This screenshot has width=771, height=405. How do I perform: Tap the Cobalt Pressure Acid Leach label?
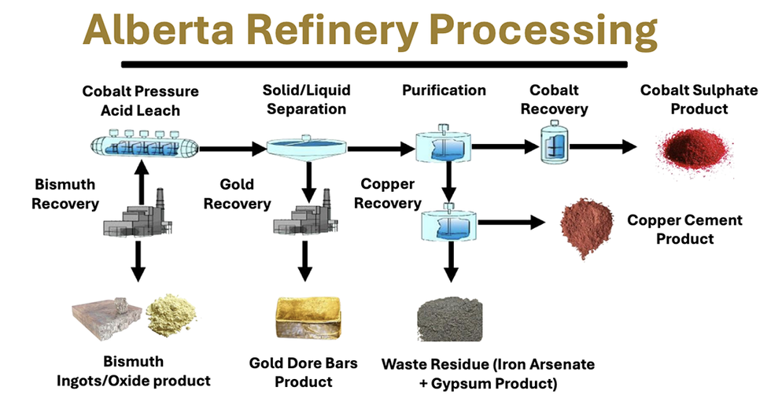pyautogui.click(x=140, y=101)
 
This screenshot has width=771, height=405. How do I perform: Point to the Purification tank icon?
pyautogui.click(x=445, y=147)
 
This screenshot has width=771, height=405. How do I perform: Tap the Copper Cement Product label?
pyautogui.click(x=684, y=229)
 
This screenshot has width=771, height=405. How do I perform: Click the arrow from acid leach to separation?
pyautogui.click(x=230, y=147)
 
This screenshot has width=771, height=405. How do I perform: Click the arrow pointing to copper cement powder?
pyautogui.click(x=512, y=223)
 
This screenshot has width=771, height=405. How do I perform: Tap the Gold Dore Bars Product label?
pyautogui.click(x=303, y=373)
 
